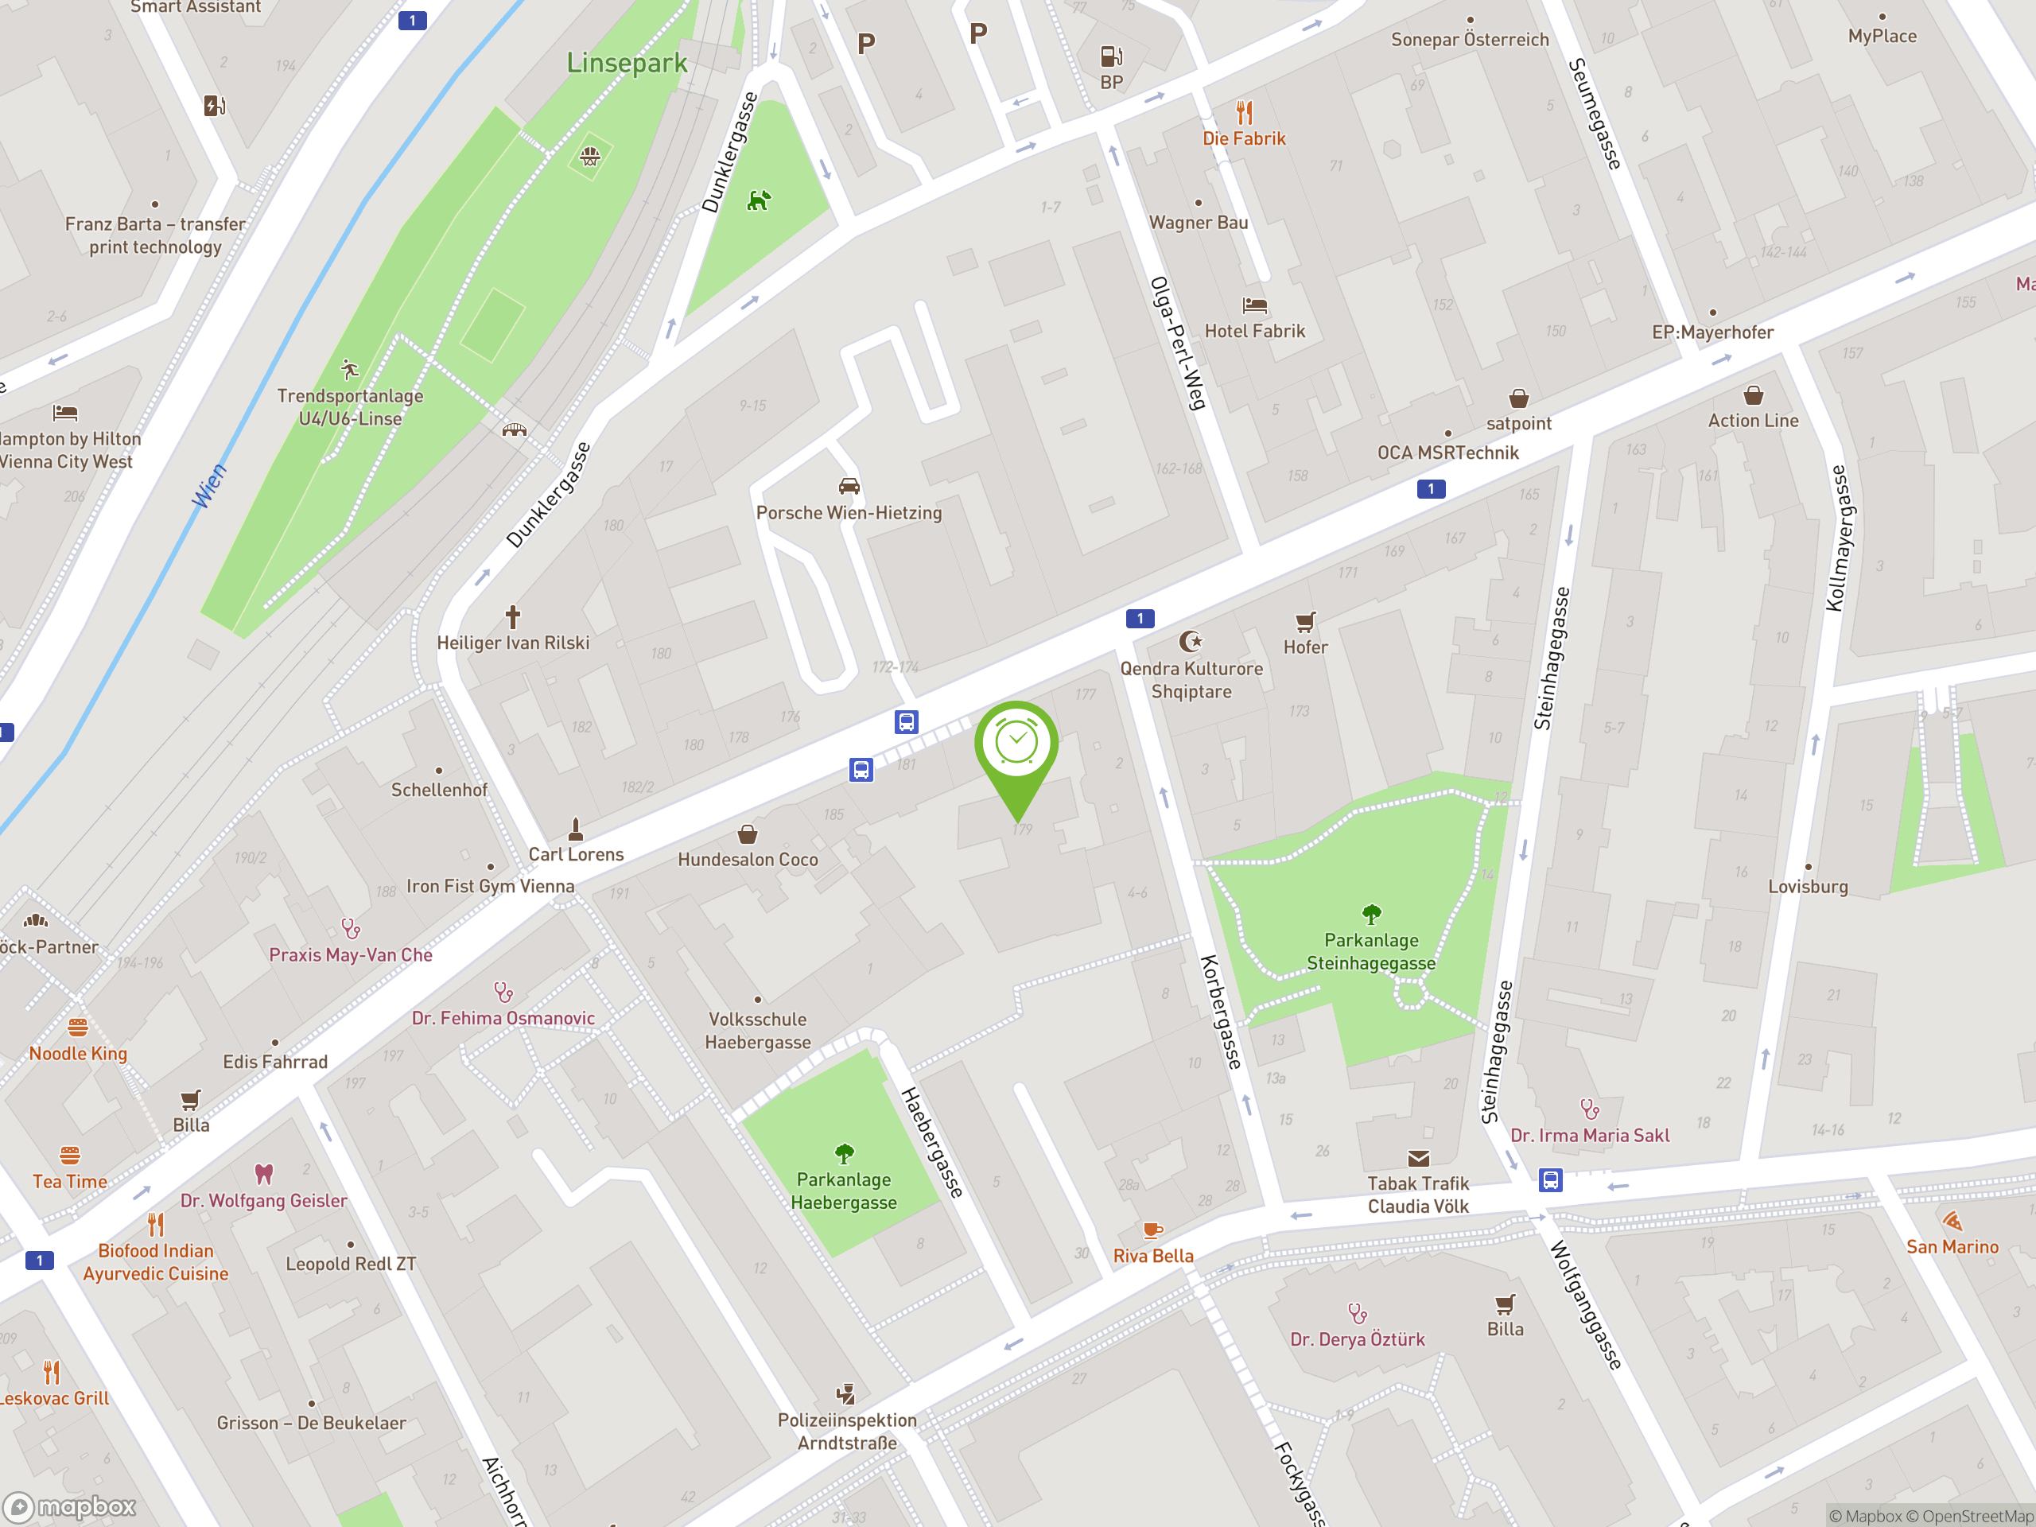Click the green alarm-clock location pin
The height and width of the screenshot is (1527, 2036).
pyautogui.click(x=1016, y=745)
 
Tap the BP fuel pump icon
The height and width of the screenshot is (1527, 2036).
pyautogui.click(x=1111, y=57)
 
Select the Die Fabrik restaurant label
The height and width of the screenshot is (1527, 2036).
pyautogui.click(x=1244, y=139)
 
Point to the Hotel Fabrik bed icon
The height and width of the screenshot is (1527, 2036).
pyautogui.click(x=1254, y=305)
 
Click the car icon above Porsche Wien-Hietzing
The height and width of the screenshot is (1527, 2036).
pyautogui.click(x=849, y=486)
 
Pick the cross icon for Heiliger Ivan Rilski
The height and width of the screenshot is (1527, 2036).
pyautogui.click(x=513, y=616)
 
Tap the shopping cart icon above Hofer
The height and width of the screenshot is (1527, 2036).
pyautogui.click(x=1305, y=622)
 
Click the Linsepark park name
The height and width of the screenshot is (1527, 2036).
pyautogui.click(x=626, y=63)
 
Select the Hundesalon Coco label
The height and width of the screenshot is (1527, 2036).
pyautogui.click(x=748, y=860)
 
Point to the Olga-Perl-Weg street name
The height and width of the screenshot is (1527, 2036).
pyautogui.click(x=1177, y=343)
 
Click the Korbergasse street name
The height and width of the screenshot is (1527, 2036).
pyautogui.click(x=1221, y=1012)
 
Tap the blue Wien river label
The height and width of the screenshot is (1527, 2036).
pyautogui.click(x=209, y=486)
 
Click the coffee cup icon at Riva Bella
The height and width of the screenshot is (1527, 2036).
pyautogui.click(x=1152, y=1230)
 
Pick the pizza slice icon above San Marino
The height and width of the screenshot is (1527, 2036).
pyautogui.click(x=1952, y=1221)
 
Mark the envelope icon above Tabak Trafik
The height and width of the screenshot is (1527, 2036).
pyautogui.click(x=1418, y=1158)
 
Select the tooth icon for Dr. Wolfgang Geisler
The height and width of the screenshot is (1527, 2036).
pyautogui.click(x=264, y=1174)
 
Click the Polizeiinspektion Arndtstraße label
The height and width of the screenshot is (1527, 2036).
pyautogui.click(x=847, y=1432)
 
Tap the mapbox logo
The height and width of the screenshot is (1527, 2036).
pyautogui.click(x=70, y=1507)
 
